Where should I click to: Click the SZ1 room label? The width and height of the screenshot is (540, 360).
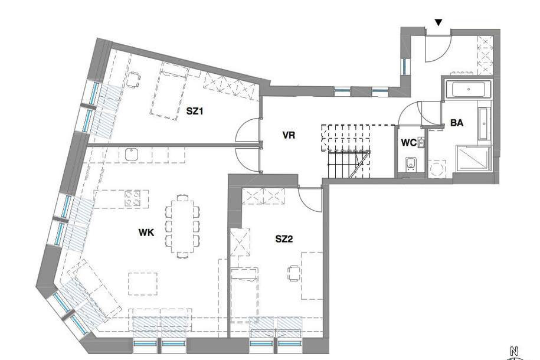(x=195, y=110)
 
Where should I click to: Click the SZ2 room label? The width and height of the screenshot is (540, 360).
(x=284, y=239)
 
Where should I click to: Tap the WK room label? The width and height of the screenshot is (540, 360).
(x=146, y=233)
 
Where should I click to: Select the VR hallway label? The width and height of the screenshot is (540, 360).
(x=289, y=135)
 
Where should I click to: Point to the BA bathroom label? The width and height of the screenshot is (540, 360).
(x=457, y=123)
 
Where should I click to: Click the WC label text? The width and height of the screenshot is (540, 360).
(x=409, y=143)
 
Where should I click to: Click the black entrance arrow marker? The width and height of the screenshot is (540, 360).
(x=437, y=22)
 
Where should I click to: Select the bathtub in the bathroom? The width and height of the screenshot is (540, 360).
(x=467, y=90)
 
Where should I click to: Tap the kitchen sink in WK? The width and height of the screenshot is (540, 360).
(x=131, y=155)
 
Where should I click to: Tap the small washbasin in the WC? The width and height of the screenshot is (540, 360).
(x=421, y=142)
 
